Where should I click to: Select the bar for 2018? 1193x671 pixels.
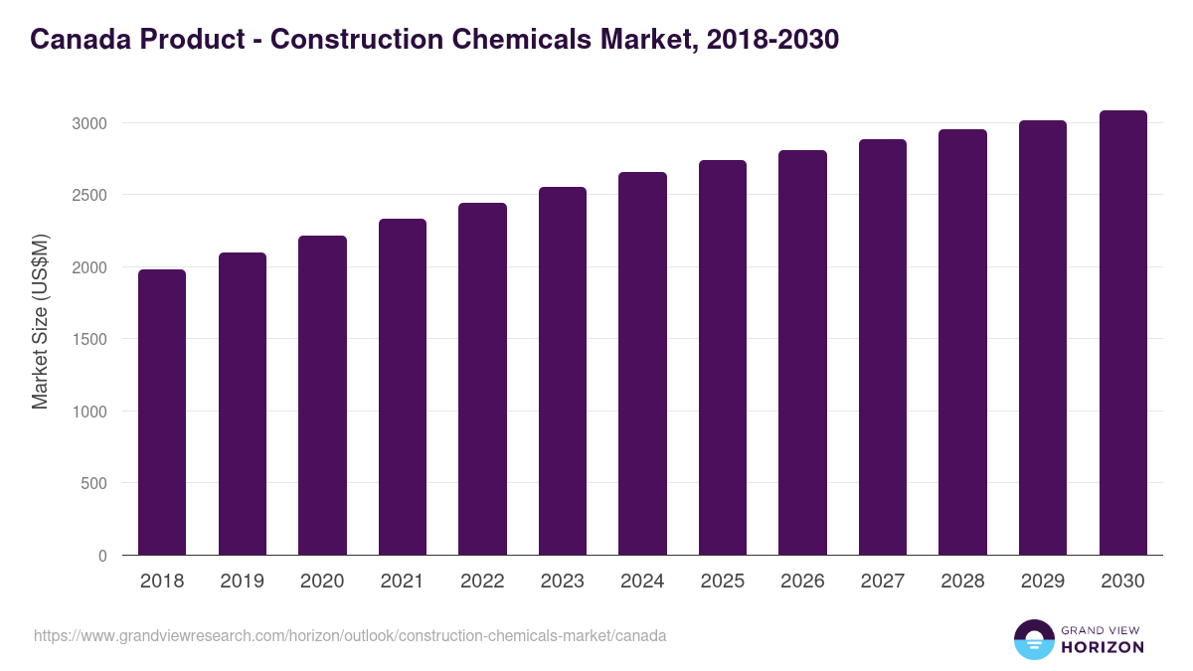(x=162, y=413)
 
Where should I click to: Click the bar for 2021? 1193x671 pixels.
(x=403, y=388)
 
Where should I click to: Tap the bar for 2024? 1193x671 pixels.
(x=642, y=364)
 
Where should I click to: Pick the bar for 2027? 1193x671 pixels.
(x=883, y=348)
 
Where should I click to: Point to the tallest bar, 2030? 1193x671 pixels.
(x=1122, y=333)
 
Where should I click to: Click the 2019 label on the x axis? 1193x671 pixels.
(x=242, y=582)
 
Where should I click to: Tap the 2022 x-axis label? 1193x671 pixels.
(x=482, y=582)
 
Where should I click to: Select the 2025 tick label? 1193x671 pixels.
(x=723, y=582)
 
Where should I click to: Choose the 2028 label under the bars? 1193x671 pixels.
(x=962, y=582)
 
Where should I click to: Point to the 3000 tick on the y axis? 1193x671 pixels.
(x=88, y=123)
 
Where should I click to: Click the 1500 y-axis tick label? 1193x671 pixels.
(x=88, y=339)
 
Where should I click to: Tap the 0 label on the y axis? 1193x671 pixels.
(x=102, y=556)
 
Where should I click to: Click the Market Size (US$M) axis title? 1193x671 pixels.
(x=40, y=321)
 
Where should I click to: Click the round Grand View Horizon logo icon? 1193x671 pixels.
(x=1033, y=639)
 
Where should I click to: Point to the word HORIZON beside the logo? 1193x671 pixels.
(x=1103, y=647)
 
